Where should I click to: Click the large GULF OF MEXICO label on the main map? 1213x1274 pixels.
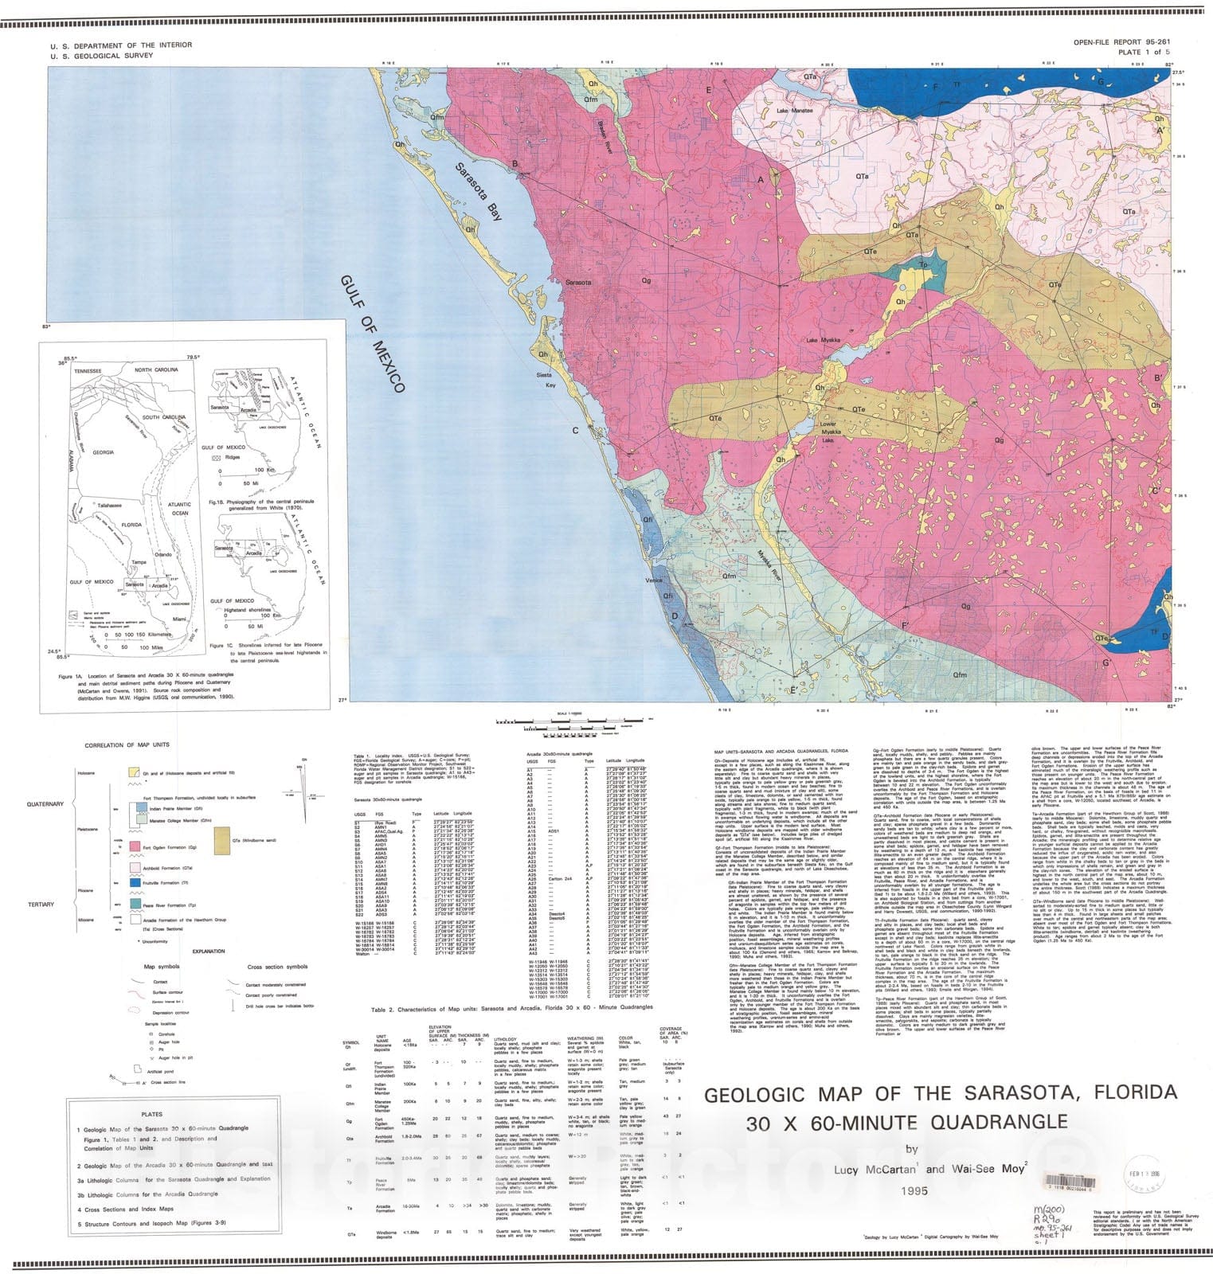[373, 334]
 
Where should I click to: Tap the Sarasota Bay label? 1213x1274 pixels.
[479, 191]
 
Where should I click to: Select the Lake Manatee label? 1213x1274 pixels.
[794, 111]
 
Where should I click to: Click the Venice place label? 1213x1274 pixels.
[653, 580]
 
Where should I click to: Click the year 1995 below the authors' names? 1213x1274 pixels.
[914, 1191]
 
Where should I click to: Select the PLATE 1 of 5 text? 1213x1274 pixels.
[1145, 52]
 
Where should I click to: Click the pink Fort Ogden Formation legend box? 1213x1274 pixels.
[135, 846]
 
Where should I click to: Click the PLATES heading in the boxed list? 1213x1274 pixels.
[151, 1114]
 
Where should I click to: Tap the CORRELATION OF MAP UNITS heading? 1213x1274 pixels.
[127, 745]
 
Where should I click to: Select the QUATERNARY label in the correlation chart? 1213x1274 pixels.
[45, 804]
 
